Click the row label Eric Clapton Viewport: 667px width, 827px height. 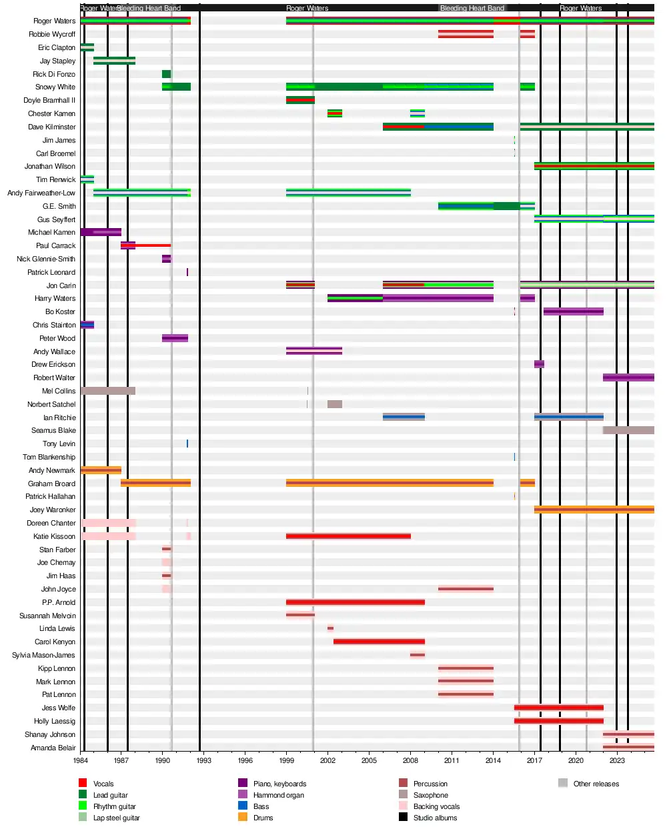(57, 47)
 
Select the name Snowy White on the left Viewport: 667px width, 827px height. (55, 87)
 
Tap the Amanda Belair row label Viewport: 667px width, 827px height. (53, 748)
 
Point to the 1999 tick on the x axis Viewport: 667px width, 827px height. (287, 760)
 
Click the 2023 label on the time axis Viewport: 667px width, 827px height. (617, 760)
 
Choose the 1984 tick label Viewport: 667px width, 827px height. (81, 760)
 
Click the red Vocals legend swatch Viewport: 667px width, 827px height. (83, 783)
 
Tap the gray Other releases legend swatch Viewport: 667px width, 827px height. (563, 783)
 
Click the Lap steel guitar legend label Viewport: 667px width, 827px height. (116, 818)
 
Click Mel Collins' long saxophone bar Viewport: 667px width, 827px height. (108, 391)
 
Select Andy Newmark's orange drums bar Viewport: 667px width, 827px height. (101, 470)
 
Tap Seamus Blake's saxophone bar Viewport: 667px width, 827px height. (628, 430)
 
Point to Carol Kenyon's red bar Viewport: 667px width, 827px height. (379, 642)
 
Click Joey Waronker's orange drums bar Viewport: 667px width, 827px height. (594, 510)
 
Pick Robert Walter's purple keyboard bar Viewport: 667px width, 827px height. (628, 377)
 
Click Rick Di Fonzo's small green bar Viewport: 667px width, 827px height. (166, 74)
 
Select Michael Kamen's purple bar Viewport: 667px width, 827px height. (101, 232)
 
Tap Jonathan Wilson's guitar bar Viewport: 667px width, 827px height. (594, 166)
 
